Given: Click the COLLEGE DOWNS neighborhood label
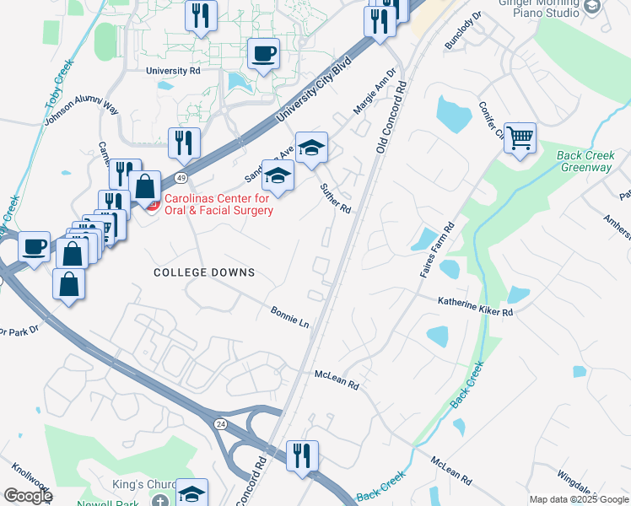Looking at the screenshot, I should (203, 272).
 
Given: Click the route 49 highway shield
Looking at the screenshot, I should (181, 178).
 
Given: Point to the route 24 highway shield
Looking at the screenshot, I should (220, 423).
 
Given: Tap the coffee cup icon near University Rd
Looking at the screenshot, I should (263, 54).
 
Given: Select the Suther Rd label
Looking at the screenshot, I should (335, 199).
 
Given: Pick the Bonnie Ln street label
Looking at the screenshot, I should (290, 318).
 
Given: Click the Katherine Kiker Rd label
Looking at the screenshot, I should (475, 305).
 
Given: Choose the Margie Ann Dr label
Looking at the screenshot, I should (374, 92).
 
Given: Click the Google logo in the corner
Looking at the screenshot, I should (27, 496).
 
